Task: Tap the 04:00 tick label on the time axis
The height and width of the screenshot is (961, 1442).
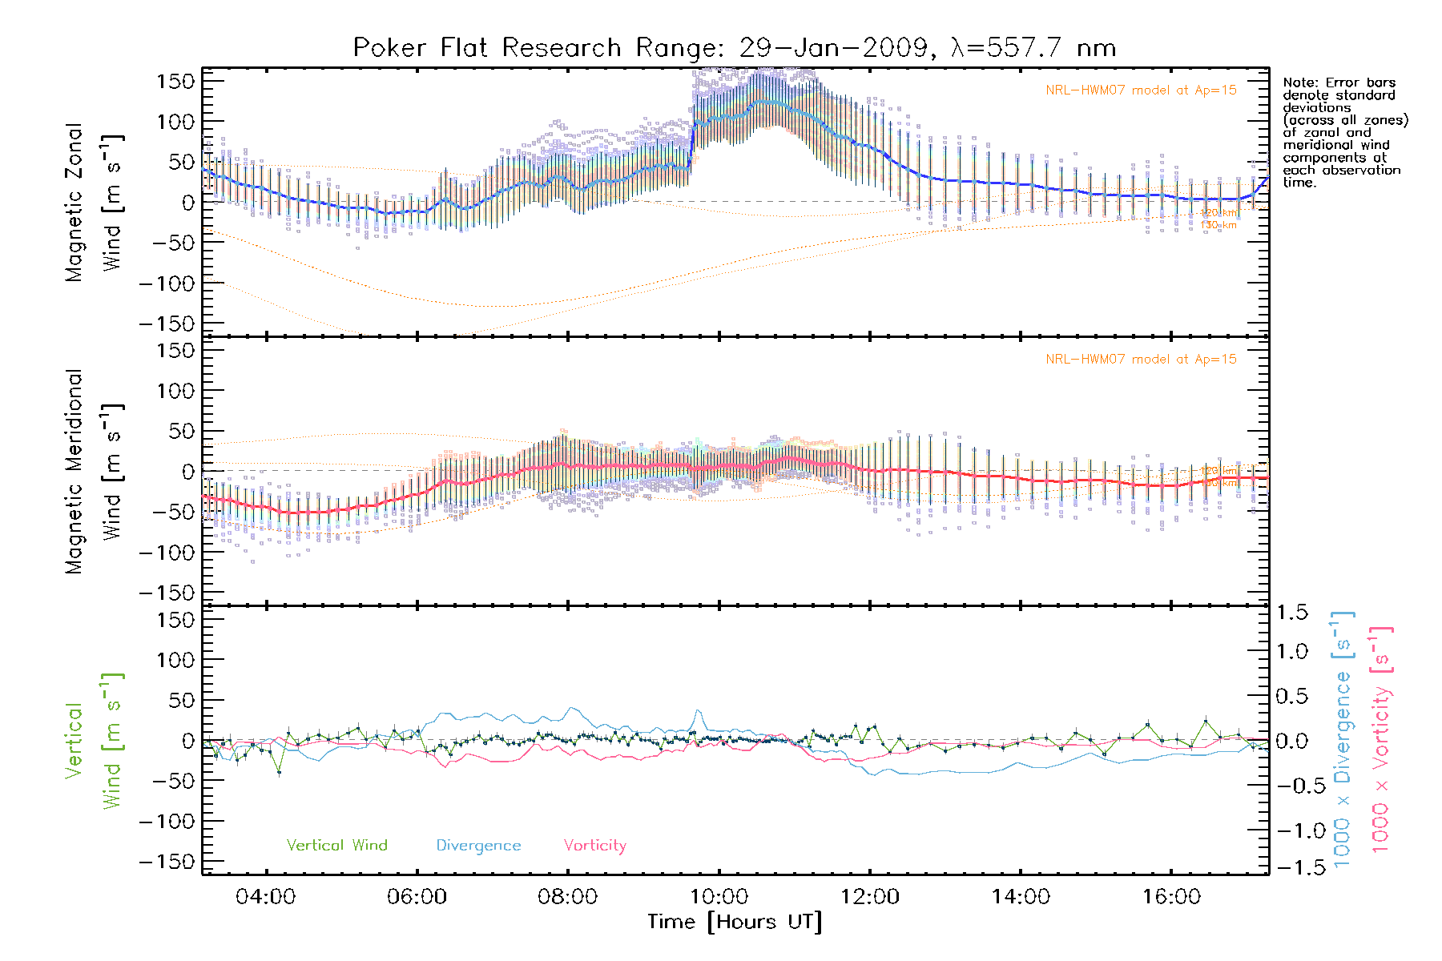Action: coord(265,897)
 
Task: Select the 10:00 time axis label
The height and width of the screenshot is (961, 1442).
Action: coord(719,897)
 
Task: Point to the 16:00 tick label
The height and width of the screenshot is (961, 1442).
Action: coord(1171,897)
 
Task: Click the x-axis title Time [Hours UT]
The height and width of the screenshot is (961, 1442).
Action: coord(735,923)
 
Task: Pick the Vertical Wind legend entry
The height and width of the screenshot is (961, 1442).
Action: coord(336,846)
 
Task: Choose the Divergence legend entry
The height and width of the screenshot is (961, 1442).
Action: coord(478,846)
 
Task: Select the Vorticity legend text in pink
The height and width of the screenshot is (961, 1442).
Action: coord(594,846)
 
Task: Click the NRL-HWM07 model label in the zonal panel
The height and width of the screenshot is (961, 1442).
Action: coord(1141,90)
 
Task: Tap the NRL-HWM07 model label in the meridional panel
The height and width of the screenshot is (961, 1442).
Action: coord(1141,360)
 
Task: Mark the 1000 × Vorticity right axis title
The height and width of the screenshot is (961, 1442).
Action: coord(1381,738)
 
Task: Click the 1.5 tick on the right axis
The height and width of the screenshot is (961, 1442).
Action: coord(1291,613)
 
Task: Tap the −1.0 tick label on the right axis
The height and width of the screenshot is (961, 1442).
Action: coord(1291,830)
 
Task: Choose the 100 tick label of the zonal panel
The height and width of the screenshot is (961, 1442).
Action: coord(176,122)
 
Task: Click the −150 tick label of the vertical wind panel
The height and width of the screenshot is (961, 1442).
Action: coord(167,862)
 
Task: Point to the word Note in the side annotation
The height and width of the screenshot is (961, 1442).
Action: coord(1299,82)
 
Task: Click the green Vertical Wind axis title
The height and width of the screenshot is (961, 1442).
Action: coord(94,740)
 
